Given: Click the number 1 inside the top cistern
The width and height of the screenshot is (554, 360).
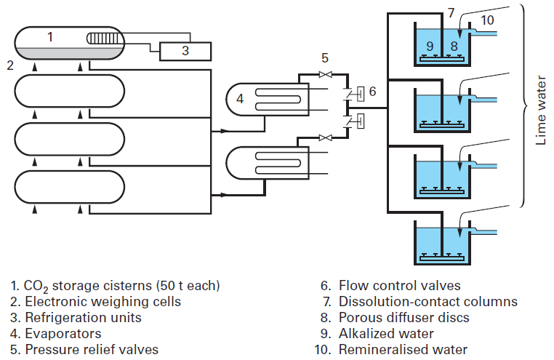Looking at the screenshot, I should pos(49,36).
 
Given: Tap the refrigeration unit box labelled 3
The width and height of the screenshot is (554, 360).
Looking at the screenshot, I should pos(185,51).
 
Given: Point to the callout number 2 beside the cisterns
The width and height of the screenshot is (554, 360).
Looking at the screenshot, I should pos(9,65).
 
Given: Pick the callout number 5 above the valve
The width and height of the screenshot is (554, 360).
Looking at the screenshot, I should pos(325,57).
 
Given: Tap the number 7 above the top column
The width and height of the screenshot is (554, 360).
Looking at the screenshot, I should pos(451,13).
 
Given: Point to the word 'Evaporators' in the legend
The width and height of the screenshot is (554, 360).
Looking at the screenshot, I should pos(63,333).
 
